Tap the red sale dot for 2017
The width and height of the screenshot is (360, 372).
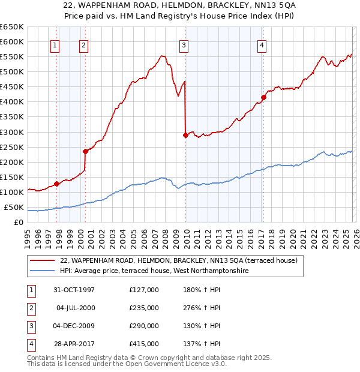coord(263,97)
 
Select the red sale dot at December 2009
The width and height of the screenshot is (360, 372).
coord(185,135)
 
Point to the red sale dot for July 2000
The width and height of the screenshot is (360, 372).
coord(85,152)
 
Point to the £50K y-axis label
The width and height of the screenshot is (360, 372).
coord(14,208)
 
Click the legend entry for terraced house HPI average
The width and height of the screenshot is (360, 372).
coord(154,271)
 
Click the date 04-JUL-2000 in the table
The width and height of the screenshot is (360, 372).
coord(76,308)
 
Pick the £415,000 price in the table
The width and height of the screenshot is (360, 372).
coord(144,344)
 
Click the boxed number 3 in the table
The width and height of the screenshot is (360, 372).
coord(30,326)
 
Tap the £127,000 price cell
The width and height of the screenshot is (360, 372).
coord(144,290)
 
